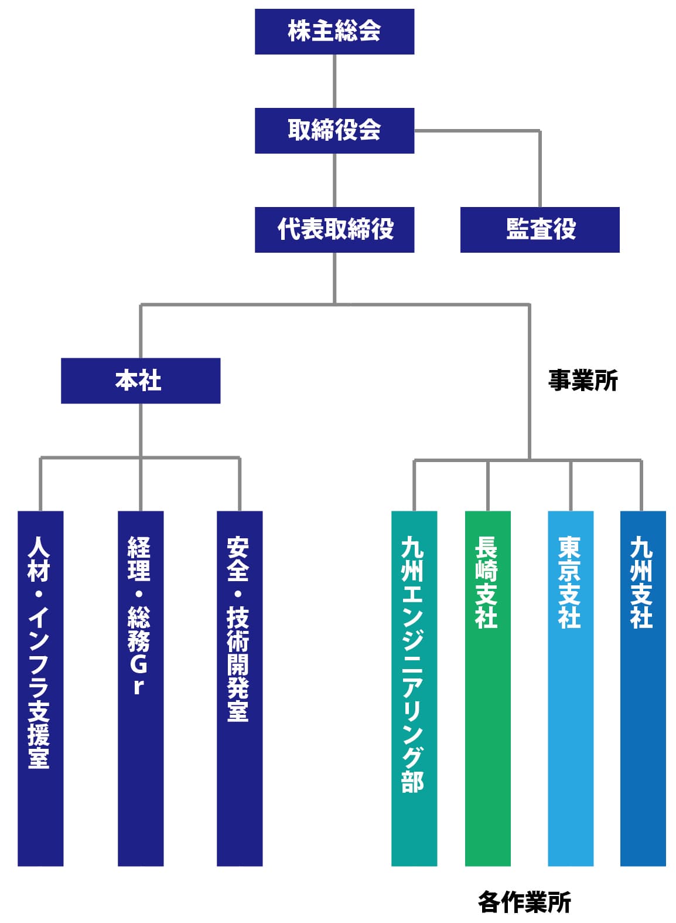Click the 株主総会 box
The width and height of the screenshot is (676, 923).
334,32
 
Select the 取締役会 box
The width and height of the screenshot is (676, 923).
334,131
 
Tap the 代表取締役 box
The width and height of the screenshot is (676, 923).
334,230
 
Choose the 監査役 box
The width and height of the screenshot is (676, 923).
540,230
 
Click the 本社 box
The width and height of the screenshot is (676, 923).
141,381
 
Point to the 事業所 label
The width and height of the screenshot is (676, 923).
583,381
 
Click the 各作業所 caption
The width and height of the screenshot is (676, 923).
524,902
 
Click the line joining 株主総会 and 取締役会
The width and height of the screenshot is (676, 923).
334,81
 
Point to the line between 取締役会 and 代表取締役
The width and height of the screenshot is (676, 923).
334,180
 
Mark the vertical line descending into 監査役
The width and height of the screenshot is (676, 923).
540,170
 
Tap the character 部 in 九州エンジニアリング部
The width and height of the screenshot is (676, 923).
412,781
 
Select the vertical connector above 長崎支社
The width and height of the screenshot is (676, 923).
488,486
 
